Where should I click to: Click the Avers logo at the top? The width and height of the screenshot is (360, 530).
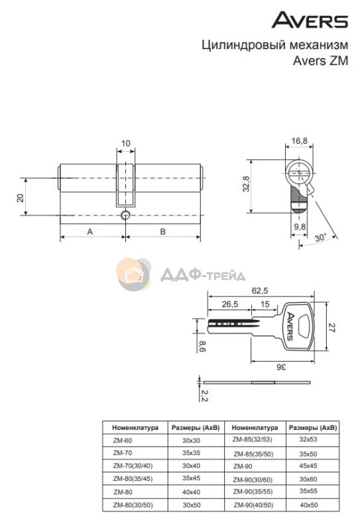pyautogui.click(x=310, y=20)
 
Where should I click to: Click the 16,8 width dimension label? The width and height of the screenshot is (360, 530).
pyautogui.click(x=300, y=140)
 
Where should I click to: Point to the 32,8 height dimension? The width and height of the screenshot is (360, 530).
pyautogui.click(x=246, y=184)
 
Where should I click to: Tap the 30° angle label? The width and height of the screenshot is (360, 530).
pyautogui.click(x=320, y=237)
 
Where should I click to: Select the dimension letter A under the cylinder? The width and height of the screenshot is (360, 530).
pyautogui.click(x=90, y=231)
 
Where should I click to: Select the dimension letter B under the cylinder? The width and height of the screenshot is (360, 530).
pyautogui.click(x=162, y=231)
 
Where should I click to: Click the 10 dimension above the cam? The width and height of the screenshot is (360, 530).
pyautogui.click(x=125, y=143)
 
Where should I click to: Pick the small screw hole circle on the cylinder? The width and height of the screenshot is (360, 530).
pyautogui.click(x=125, y=215)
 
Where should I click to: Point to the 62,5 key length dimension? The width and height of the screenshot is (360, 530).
pyautogui.click(x=260, y=290)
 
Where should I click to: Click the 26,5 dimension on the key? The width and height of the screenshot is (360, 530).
pyautogui.click(x=230, y=304)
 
